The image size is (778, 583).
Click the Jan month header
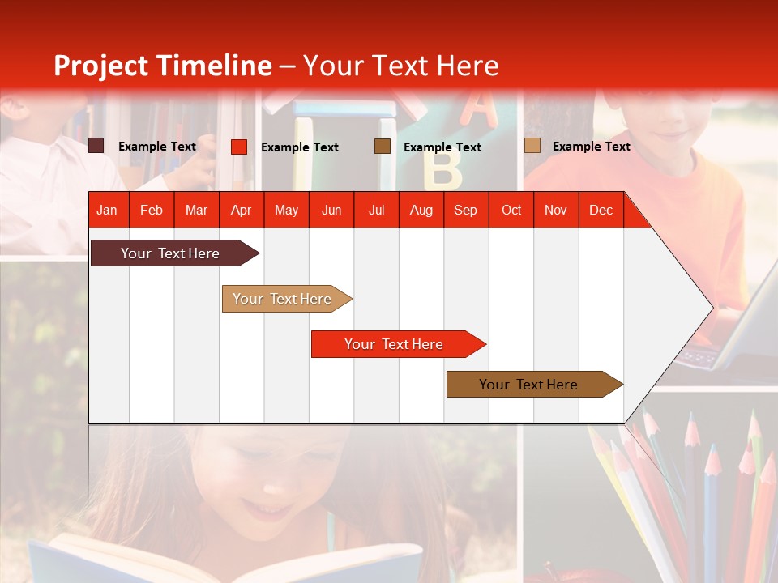click(x=107, y=210)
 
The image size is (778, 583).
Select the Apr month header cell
click(x=241, y=210)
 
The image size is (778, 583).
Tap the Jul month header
click(x=376, y=210)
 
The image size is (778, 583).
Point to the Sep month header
click(x=465, y=210)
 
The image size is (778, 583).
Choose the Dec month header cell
click(x=601, y=210)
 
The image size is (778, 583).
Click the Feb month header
click(x=152, y=210)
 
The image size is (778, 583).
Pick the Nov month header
click(x=555, y=210)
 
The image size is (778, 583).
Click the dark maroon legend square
click(x=96, y=146)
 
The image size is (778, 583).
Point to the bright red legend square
click(x=239, y=147)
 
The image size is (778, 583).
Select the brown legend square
click(x=383, y=147)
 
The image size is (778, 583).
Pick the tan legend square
click(x=532, y=146)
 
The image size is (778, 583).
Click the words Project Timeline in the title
click(x=162, y=66)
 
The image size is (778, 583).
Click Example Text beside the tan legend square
click(x=591, y=146)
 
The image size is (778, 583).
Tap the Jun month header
click(x=331, y=210)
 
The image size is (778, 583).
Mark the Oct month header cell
click(x=511, y=210)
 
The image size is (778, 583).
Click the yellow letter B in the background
click(x=442, y=168)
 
